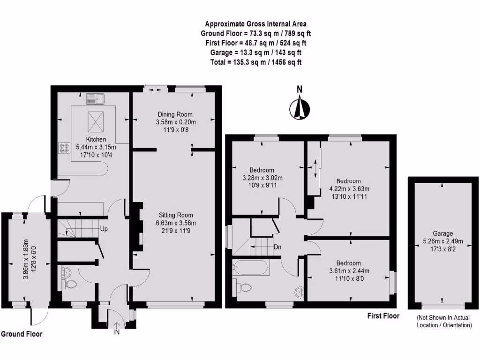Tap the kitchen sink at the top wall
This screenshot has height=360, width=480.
tap(96, 99)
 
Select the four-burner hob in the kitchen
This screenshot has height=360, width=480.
tap(63, 148)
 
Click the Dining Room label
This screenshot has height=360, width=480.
tap(174, 114)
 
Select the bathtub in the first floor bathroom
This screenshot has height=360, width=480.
tap(250, 269)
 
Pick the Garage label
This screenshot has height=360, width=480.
tap(442, 233)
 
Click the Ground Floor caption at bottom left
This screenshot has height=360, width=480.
tap(22, 334)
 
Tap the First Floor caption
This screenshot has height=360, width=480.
tap(383, 316)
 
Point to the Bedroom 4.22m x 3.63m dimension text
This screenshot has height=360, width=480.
tap(348, 189)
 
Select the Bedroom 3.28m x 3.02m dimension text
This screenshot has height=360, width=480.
tap(262, 178)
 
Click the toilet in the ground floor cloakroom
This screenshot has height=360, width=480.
tap(70, 284)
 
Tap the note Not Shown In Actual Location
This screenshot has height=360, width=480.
tap(444, 321)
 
